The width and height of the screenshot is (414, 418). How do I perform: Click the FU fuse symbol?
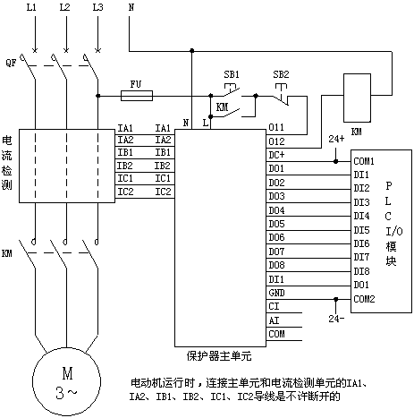pos(137,96)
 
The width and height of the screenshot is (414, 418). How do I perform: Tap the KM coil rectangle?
pos(357,98)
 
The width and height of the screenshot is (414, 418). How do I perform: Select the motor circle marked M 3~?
pos(66,381)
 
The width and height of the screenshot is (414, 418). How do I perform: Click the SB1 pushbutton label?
pos(232,74)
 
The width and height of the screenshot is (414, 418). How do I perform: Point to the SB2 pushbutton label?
pos(281,74)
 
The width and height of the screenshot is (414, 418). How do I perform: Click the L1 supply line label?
pos(31,7)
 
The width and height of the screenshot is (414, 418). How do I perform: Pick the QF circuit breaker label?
pos(11,63)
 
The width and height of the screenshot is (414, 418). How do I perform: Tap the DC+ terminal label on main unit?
pos(276,155)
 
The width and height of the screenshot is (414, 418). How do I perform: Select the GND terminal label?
pos(276,293)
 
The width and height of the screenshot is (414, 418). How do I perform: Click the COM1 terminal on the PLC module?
pos(364,161)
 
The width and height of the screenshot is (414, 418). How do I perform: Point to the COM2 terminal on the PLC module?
pos(364,299)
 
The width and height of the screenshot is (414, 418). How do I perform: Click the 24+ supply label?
pos(336,139)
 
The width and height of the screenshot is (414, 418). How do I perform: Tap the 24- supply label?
pos(336,319)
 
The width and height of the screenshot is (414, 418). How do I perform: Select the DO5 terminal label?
pos(276,224)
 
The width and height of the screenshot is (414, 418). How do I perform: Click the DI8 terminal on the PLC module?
pos(361,271)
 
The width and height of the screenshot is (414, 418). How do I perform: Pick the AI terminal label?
pos(274,320)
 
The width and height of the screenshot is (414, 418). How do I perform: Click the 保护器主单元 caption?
pos(219,356)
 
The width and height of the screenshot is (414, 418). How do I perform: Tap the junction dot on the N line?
pos(192,51)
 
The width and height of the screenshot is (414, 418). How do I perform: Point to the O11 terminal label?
pos(276,127)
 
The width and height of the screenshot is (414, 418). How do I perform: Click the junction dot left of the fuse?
pos(97,96)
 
